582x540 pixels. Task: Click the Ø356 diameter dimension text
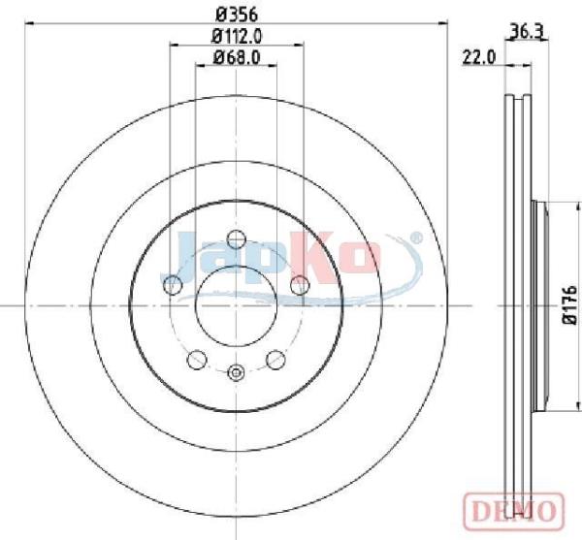(x=237, y=15)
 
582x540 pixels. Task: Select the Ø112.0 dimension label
(x=237, y=36)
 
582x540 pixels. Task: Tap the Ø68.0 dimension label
(x=237, y=57)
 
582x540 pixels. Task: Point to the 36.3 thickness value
(x=527, y=31)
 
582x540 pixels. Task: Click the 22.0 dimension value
(x=479, y=58)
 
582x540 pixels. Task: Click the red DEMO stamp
(x=514, y=511)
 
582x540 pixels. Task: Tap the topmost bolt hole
(x=237, y=239)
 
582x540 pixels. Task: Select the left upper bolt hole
(x=173, y=286)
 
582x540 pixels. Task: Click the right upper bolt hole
(x=300, y=286)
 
